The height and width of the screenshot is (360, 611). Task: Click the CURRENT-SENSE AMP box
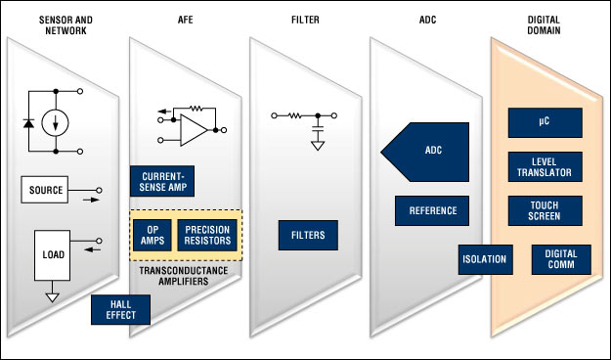coord(162,181)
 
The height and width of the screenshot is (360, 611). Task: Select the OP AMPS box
coord(153,235)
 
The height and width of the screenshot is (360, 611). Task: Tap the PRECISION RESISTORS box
coord(207,235)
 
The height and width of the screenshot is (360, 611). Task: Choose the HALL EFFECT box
coord(121,310)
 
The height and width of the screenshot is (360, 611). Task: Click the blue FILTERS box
coord(308,235)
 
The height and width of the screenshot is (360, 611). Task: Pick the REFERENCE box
coord(432,210)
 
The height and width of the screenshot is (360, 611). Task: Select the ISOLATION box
coord(486,259)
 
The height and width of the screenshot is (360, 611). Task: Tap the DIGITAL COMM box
coord(561,259)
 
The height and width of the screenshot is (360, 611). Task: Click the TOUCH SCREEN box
coord(546,210)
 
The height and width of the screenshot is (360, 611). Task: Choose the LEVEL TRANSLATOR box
coord(546,167)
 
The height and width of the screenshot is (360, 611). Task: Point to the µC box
coord(546,123)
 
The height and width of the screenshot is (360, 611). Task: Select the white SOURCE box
coord(45,190)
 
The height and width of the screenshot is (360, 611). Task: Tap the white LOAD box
coord(52,255)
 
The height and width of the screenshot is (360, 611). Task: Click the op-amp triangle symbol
coord(194,130)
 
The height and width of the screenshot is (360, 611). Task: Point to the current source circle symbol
coord(56,123)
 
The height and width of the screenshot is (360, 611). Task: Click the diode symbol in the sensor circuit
coord(28,123)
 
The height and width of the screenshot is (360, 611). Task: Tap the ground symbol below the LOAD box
coord(52,297)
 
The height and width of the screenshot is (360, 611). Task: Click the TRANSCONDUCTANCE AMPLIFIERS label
coord(184,276)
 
